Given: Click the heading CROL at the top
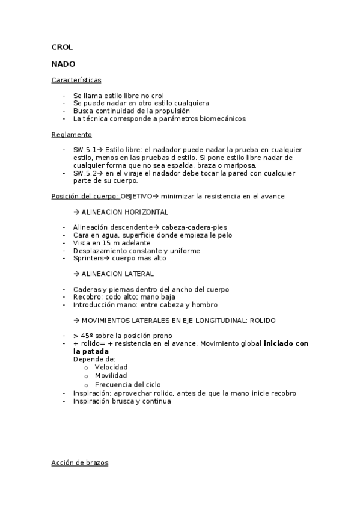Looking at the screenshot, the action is pyautogui.click(x=62, y=48).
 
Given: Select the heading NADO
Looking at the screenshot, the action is pyautogui.click(x=63, y=63).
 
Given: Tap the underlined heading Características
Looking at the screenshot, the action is pyautogui.click(x=76, y=79).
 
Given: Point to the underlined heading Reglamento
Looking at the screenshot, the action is pyautogui.click(x=72, y=134).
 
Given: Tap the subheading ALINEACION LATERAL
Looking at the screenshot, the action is pyautogui.click(x=117, y=274).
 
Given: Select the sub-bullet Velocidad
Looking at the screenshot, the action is pyautogui.click(x=111, y=367).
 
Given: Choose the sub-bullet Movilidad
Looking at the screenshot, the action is pyautogui.click(x=111, y=375).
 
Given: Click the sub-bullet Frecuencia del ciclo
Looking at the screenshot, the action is pyautogui.click(x=127, y=384).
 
